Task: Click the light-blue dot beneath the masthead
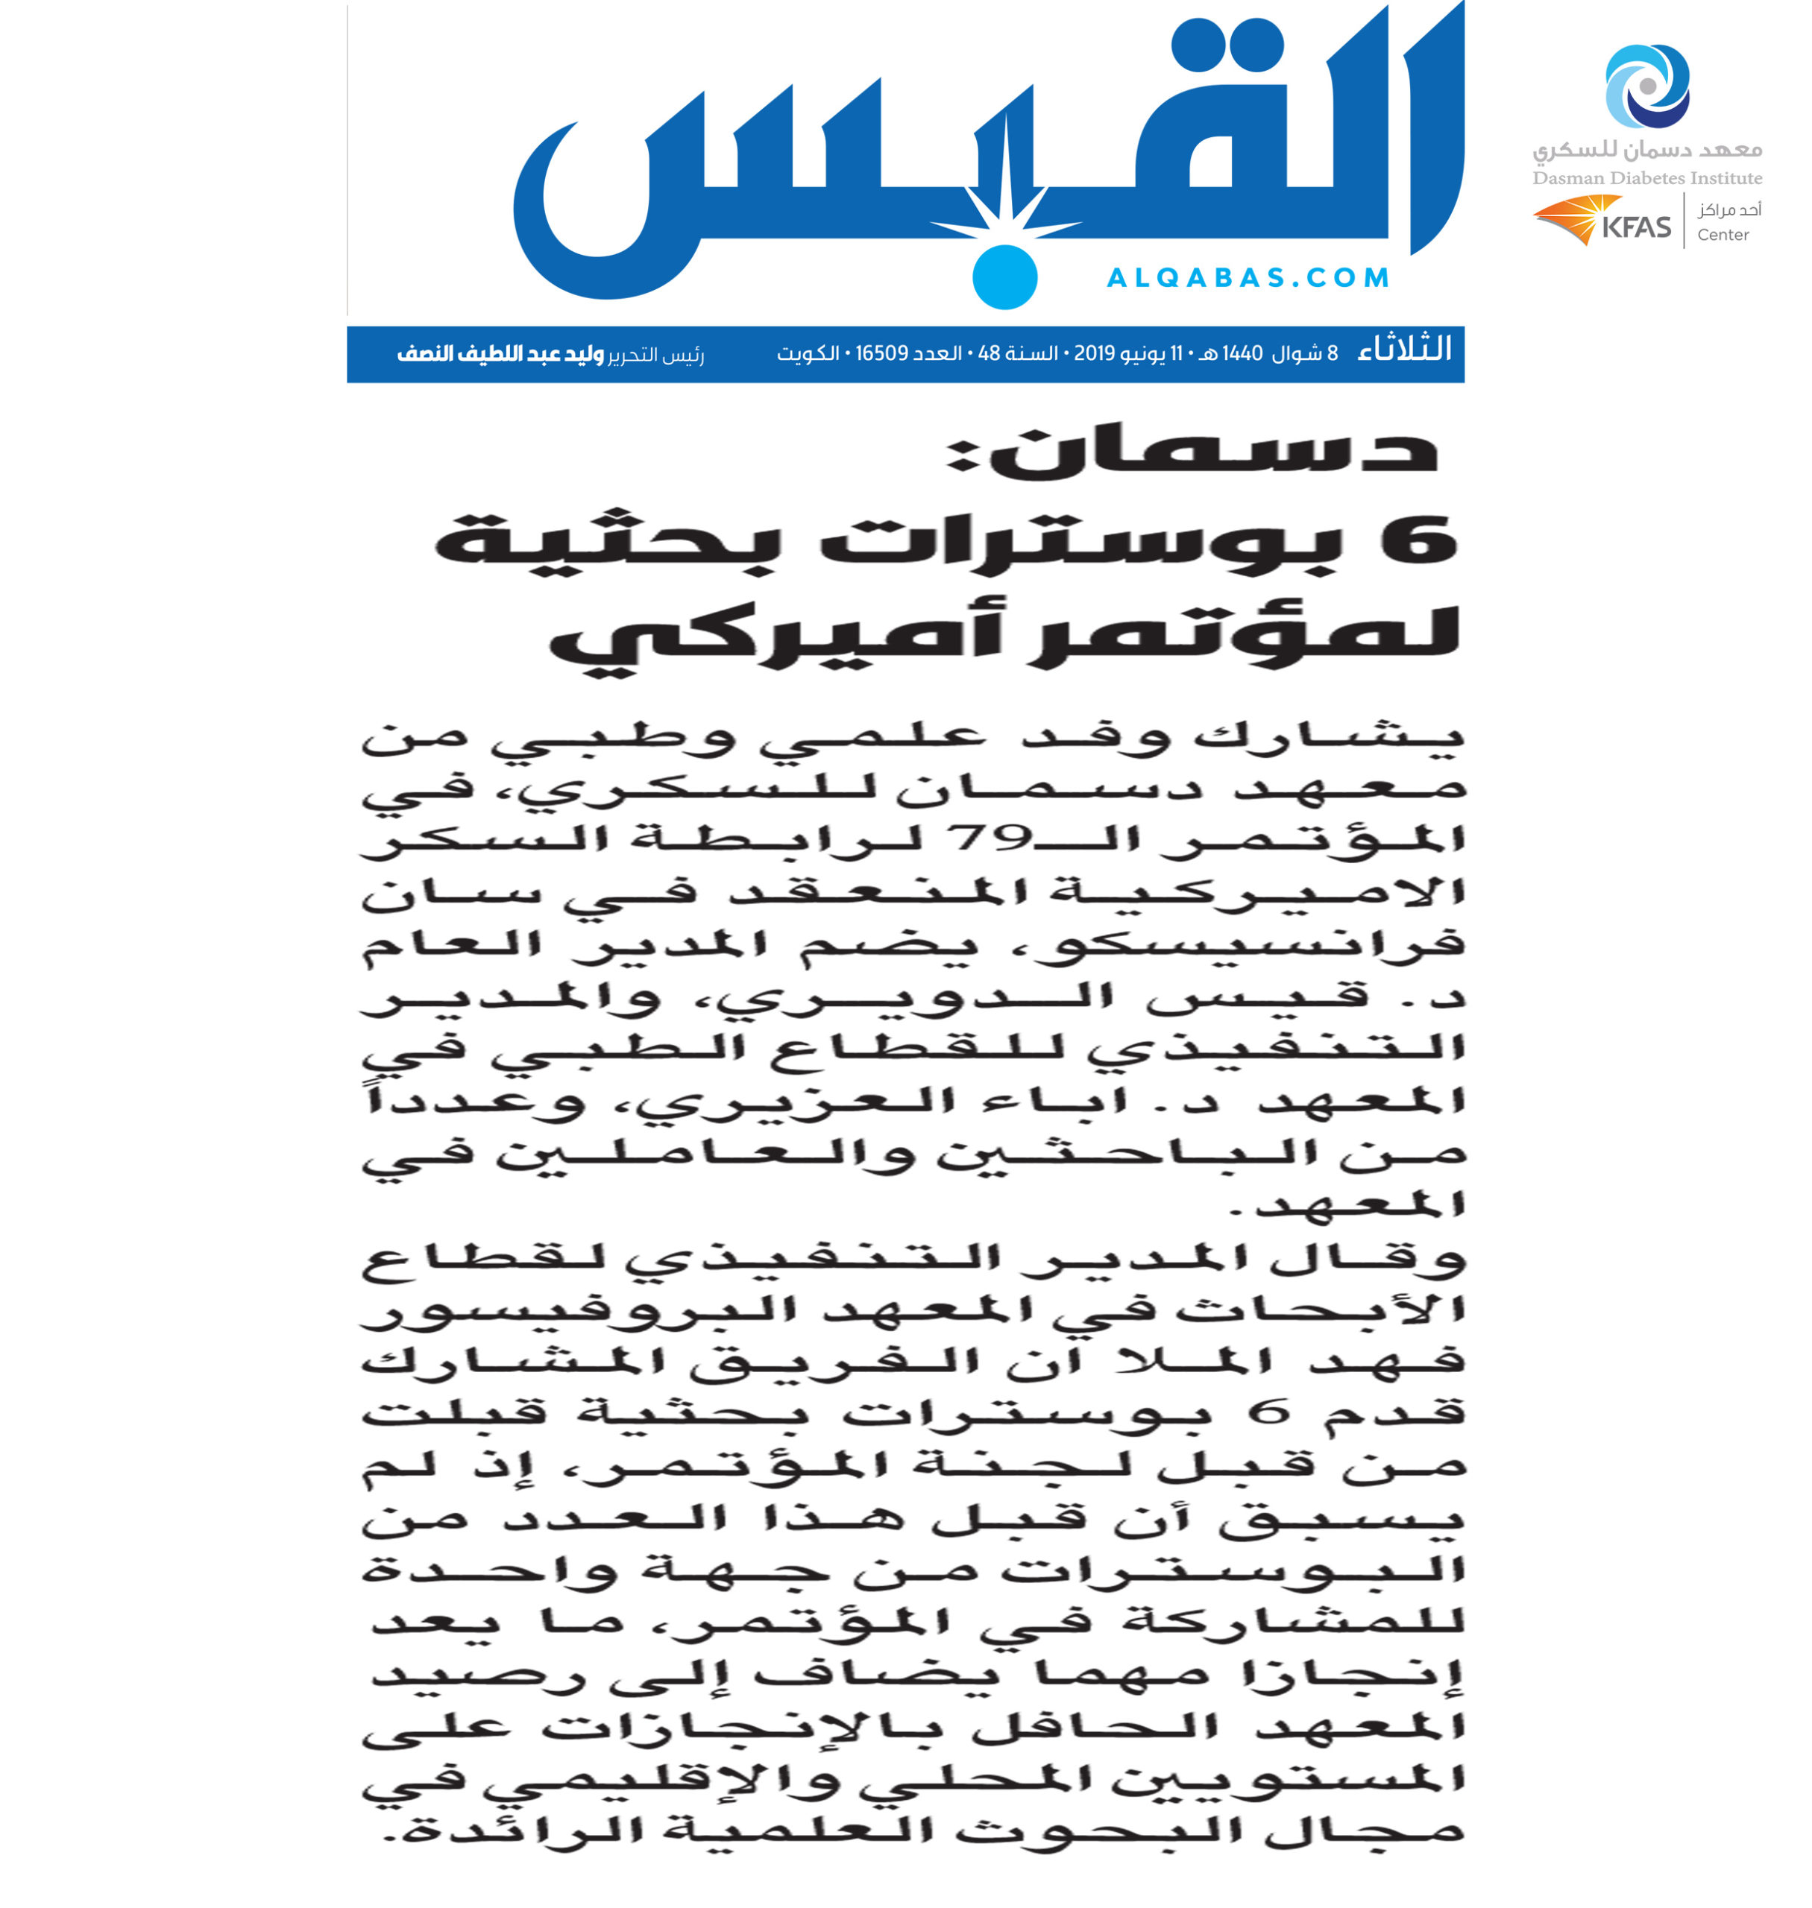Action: tap(1004, 277)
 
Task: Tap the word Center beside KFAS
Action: tap(1723, 235)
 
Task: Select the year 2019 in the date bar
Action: tap(1095, 353)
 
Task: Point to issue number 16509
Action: tap(882, 353)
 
